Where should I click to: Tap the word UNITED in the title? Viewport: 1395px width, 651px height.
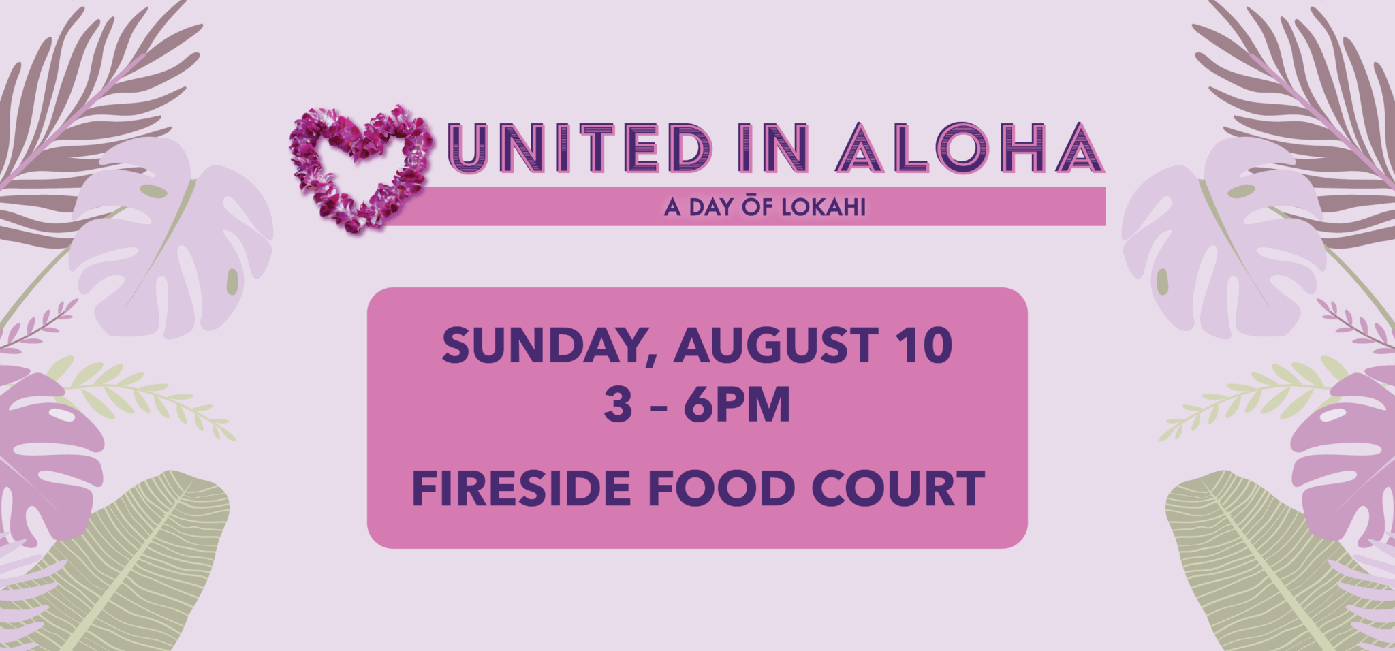[580, 147]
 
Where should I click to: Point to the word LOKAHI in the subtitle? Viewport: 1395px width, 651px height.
[824, 207]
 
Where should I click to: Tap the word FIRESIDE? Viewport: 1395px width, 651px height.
[521, 488]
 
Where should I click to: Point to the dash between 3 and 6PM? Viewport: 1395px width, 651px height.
[658, 407]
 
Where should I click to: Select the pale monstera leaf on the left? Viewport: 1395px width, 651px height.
[170, 238]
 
